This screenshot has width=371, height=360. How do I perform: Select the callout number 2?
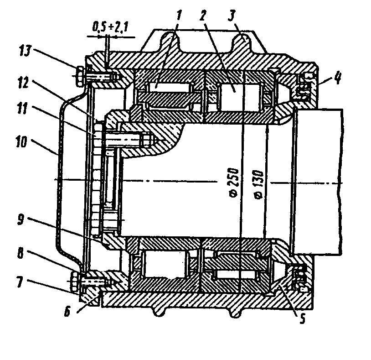coord(203,16)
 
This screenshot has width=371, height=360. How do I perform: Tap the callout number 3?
coord(232,16)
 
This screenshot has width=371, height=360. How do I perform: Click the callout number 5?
coord(303,318)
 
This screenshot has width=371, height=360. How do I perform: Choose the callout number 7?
coord(20,282)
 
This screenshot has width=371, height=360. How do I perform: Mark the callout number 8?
coord(21,253)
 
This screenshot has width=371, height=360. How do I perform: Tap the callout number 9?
coord(21,220)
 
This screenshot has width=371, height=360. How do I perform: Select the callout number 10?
coord(22,141)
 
